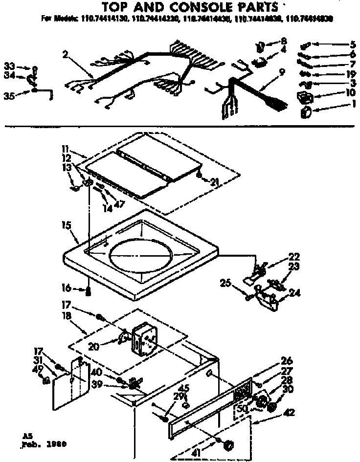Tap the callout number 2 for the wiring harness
65,54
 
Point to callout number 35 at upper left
9,96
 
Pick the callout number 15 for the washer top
67,225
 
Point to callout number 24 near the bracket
295,293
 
